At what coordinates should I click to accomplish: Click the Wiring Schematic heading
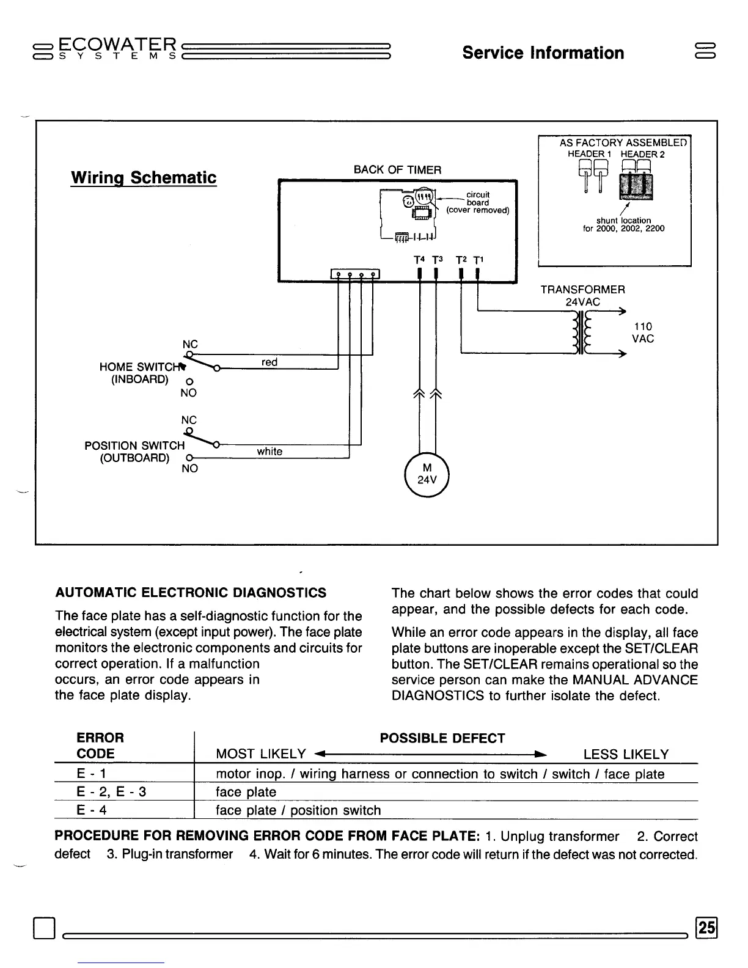click(144, 178)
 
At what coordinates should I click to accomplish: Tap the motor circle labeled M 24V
click(427, 474)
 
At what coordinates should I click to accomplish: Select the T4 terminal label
click(419, 260)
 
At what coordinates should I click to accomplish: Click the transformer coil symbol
click(580, 332)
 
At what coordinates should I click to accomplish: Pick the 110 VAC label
click(642, 332)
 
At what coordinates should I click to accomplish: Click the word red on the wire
click(269, 362)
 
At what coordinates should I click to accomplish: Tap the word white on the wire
click(269, 452)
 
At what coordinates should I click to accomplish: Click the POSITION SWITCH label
click(134, 446)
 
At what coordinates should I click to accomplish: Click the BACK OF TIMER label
click(397, 170)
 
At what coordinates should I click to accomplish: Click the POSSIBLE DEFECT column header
click(442, 738)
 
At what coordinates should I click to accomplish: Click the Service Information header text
click(543, 53)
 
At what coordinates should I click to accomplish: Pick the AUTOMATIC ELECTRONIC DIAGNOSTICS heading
click(191, 593)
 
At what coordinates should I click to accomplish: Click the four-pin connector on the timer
click(355, 274)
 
